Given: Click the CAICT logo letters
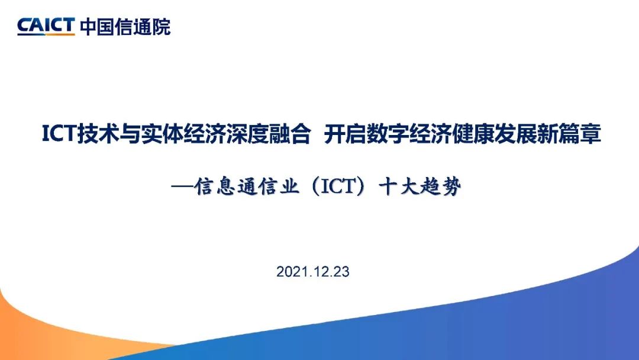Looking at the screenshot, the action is coord(46,27).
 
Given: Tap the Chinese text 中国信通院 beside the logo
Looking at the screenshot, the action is coord(125,27).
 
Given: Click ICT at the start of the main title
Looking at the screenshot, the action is coord(60,134).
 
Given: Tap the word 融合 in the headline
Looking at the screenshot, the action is coord(289,134).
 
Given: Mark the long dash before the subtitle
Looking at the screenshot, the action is coord(182,187).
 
